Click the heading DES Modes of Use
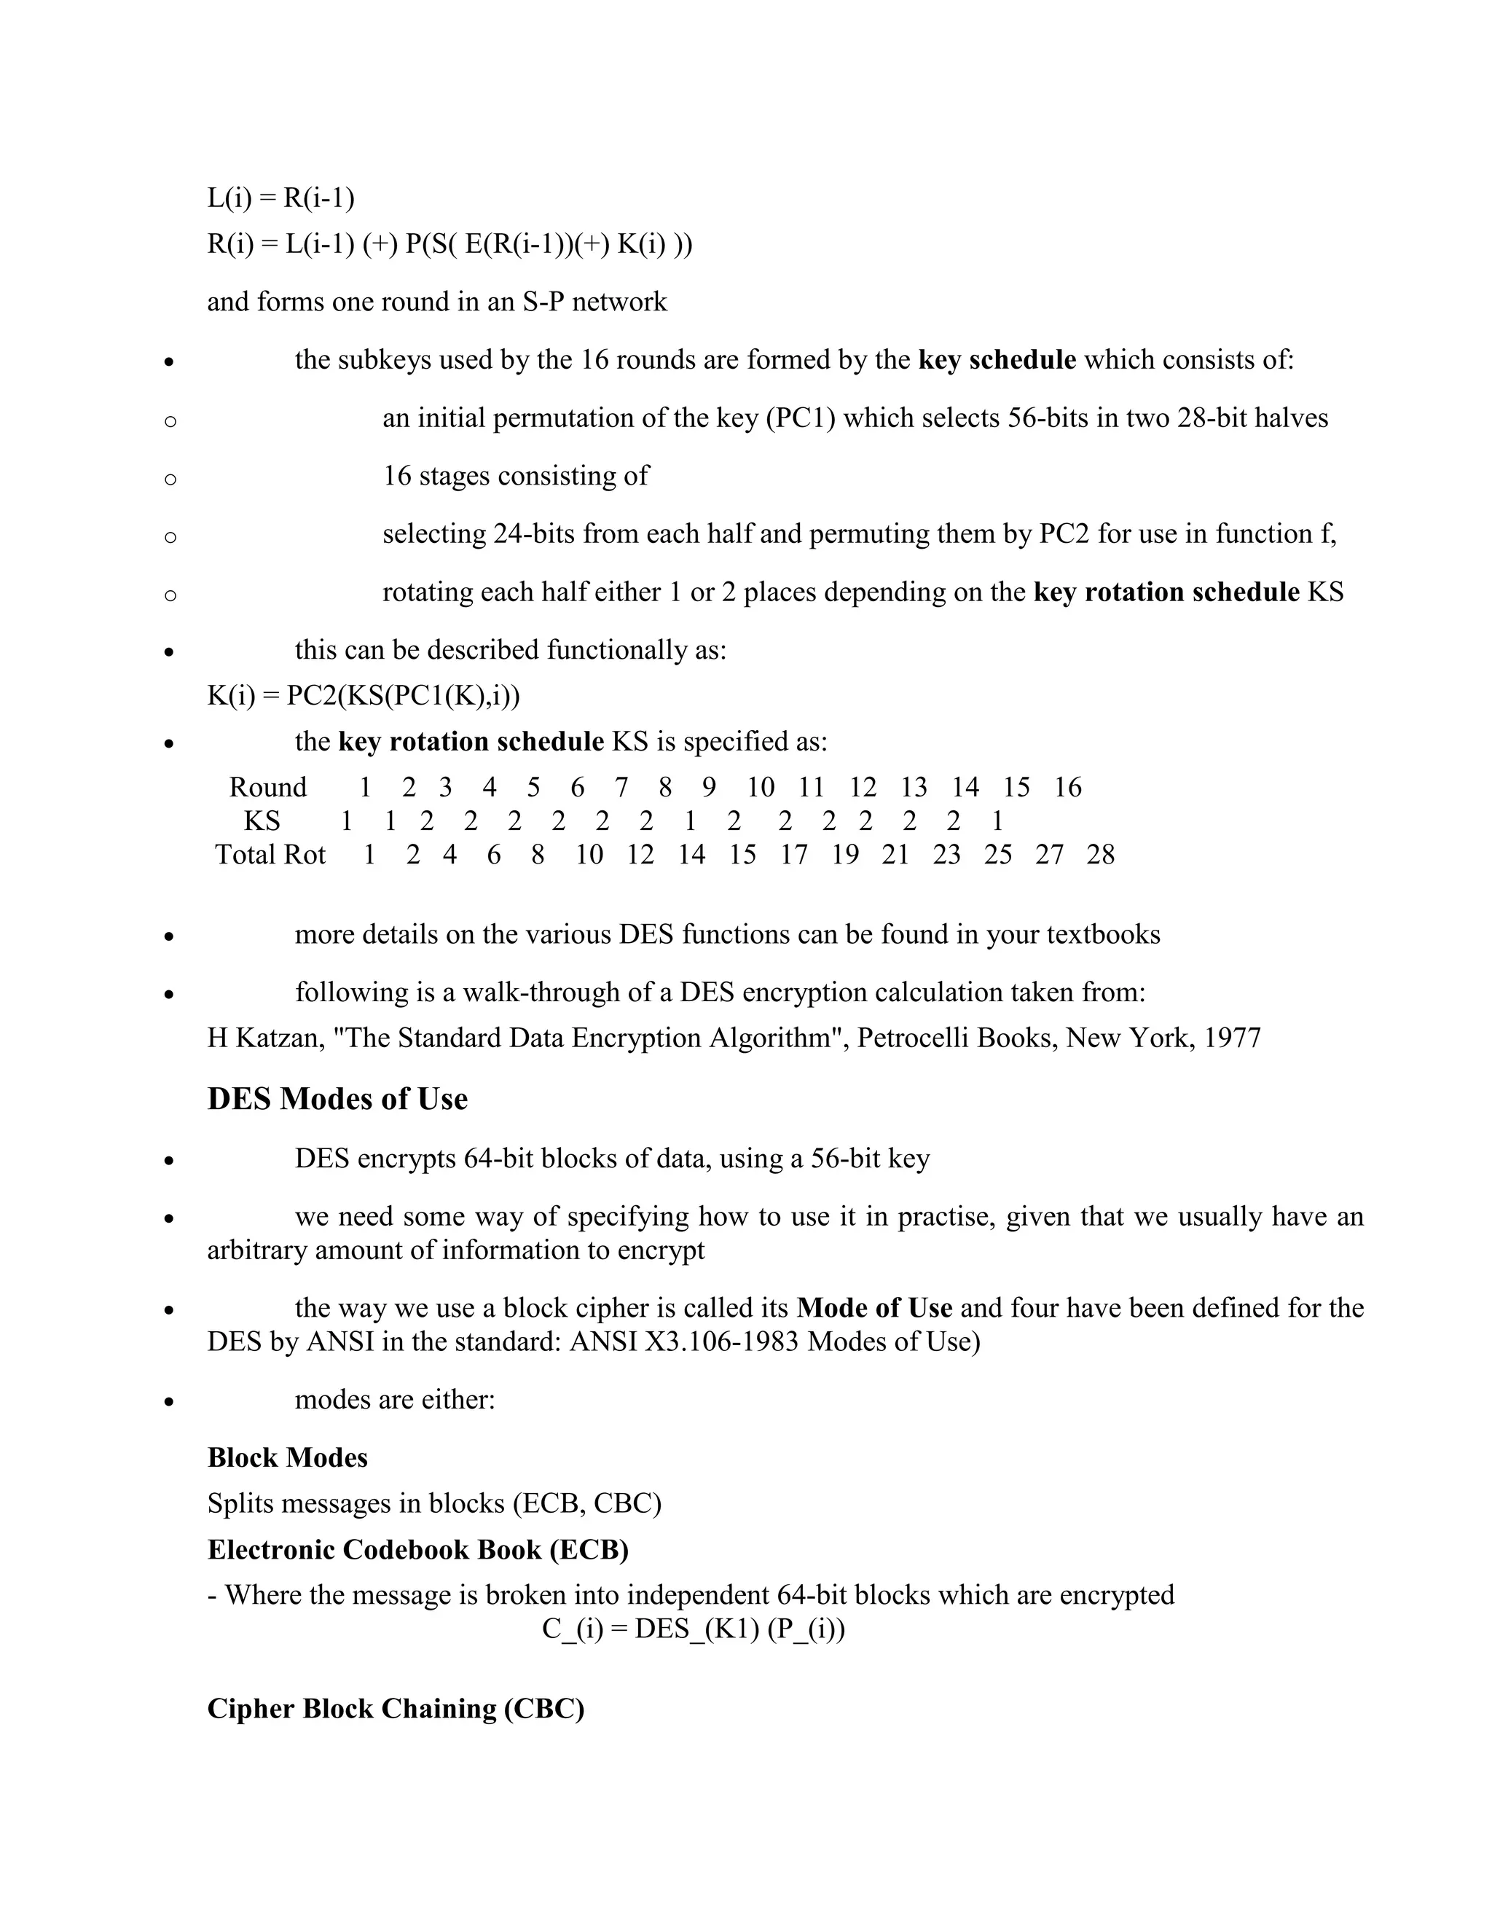click(x=337, y=1099)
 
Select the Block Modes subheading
click(x=287, y=1458)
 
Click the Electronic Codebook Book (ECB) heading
click(x=417, y=1550)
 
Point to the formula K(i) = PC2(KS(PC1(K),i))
click(x=364, y=696)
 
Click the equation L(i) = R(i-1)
click(x=280, y=198)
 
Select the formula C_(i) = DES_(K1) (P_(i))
click(x=693, y=1629)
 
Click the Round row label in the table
click(x=268, y=787)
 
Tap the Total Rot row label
click(x=270, y=855)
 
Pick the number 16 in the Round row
click(x=1068, y=787)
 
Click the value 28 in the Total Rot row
click(x=1101, y=855)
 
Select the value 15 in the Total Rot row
click(x=742, y=855)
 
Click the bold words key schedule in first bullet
click(x=997, y=360)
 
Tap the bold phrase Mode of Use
click(x=874, y=1308)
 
